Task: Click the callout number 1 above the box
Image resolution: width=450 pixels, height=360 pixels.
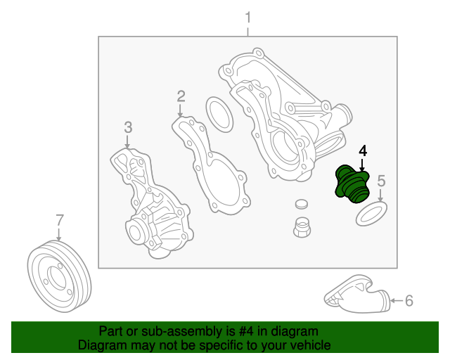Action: (247, 16)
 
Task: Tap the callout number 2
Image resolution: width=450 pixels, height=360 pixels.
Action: (181, 96)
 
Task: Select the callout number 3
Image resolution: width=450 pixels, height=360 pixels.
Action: (128, 127)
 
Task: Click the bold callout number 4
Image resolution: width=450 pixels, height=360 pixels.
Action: (363, 150)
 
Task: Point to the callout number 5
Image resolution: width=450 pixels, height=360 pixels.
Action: (381, 181)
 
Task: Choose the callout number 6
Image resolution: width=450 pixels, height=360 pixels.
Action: (409, 301)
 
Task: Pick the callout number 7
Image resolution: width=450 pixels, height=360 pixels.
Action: (60, 219)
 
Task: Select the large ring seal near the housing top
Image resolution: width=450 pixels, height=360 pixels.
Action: (219, 114)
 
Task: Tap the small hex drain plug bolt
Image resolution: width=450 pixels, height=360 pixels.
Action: (302, 228)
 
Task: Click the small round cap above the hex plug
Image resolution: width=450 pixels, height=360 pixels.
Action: (302, 205)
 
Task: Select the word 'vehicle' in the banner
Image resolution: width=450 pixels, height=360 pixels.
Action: (308, 345)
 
